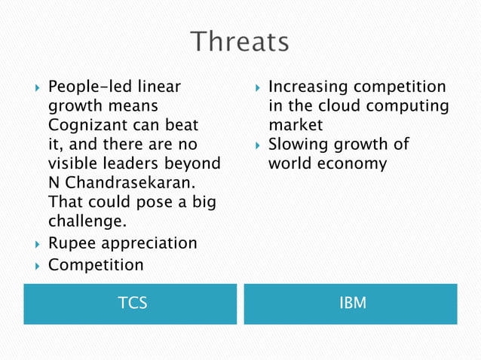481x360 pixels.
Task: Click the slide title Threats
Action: click(239, 42)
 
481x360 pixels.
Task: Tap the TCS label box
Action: click(130, 304)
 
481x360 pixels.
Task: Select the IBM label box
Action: click(351, 304)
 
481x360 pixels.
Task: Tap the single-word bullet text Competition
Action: click(95, 265)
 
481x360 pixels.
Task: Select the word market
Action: click(296, 125)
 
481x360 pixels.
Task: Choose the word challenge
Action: click(86, 222)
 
